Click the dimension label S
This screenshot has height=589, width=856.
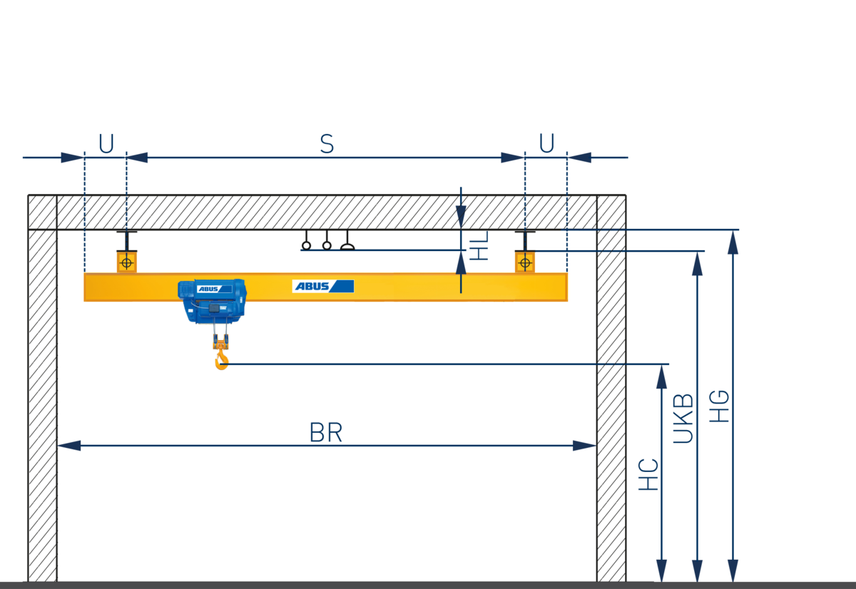[x=327, y=144]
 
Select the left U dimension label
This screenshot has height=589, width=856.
[x=106, y=144]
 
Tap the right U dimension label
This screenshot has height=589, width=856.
[x=546, y=144]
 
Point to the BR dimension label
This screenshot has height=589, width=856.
[x=326, y=433]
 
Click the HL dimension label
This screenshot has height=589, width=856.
[x=479, y=245]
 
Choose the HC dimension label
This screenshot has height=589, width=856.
[x=648, y=474]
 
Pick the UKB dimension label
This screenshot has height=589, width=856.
[x=683, y=419]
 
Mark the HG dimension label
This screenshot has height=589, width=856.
[x=720, y=406]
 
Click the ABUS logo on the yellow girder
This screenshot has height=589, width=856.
[x=322, y=286]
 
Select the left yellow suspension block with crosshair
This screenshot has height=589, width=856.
[x=126, y=262]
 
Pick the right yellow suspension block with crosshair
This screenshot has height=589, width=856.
[x=525, y=262]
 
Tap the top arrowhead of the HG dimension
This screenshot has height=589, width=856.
[x=733, y=241]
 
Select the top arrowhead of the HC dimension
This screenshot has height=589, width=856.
[x=662, y=377]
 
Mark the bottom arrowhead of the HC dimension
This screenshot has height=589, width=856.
[x=662, y=570]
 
